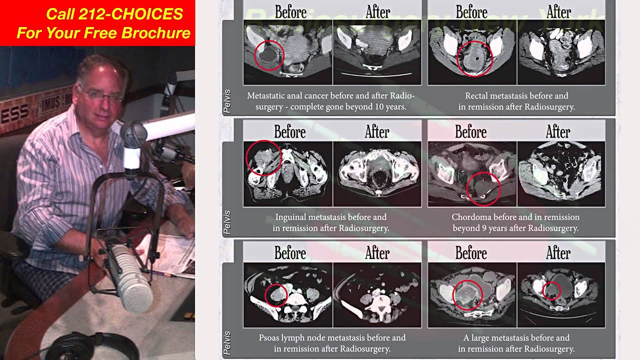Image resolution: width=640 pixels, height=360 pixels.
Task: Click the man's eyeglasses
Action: (x=103, y=94)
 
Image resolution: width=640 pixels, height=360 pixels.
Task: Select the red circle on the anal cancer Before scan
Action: (x=269, y=55)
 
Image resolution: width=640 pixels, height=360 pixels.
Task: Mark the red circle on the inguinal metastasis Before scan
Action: (x=264, y=157)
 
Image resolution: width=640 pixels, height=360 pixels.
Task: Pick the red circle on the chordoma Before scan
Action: (x=483, y=188)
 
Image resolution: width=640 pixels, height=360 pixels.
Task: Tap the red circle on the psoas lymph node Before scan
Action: (x=275, y=294)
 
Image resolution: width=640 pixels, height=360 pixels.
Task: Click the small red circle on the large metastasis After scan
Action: (x=551, y=291)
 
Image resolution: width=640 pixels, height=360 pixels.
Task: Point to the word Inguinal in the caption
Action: (x=293, y=217)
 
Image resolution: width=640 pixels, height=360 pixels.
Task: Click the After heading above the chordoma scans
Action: (x=557, y=132)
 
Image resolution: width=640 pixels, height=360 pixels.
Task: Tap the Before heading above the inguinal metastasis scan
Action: (x=290, y=132)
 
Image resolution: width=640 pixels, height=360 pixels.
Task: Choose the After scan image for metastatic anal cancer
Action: (x=377, y=52)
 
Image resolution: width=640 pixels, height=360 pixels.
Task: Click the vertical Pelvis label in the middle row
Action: (x=227, y=222)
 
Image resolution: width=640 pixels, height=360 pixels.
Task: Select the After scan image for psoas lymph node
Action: (x=377, y=295)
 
